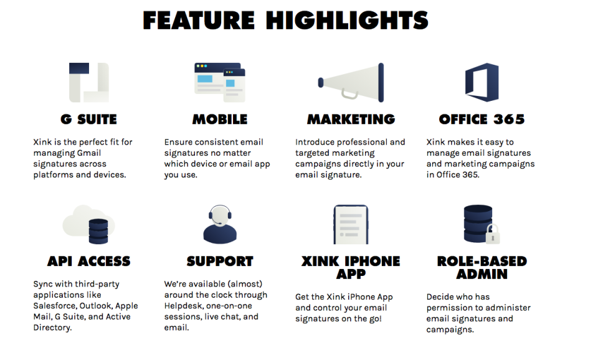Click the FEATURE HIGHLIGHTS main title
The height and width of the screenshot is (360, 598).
285,21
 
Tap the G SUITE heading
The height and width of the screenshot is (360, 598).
88,119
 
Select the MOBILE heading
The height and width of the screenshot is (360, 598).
219,119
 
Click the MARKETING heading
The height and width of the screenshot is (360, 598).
351,119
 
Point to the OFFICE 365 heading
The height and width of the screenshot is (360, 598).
482,119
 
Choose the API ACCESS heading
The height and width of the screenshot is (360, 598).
88,261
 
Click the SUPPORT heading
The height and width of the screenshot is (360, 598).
219,261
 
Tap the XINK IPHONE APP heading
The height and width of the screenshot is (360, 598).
351,268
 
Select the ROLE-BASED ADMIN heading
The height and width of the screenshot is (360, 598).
482,268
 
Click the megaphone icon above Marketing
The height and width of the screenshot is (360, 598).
351,82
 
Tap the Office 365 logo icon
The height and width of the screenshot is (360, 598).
482,82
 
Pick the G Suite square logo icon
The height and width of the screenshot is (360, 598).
88,82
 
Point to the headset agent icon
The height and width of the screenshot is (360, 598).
220,224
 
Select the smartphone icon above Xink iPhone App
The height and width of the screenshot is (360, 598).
351,224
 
